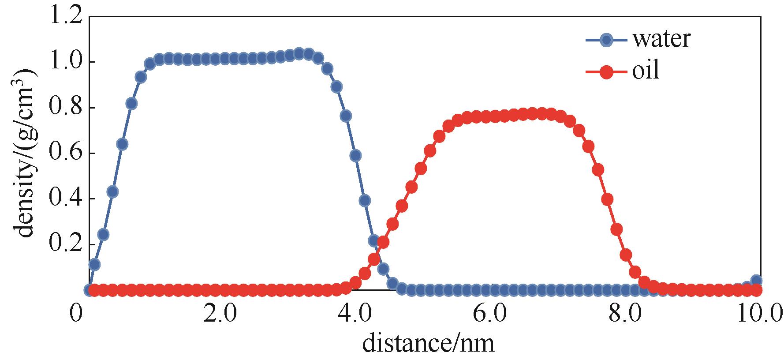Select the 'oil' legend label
[x=646, y=71]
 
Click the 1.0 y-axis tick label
[x=66, y=62]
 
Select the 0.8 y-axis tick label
[x=66, y=108]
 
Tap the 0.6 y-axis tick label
[x=66, y=154]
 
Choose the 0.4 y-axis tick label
[x=66, y=199]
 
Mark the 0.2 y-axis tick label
[x=66, y=245]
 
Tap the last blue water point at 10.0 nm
[x=756, y=281]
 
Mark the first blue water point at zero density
[x=89, y=290]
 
